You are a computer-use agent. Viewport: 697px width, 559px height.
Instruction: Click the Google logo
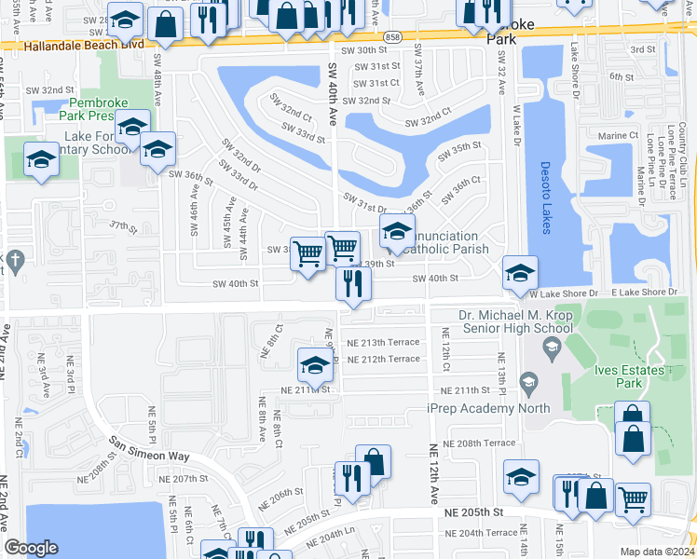(31, 548)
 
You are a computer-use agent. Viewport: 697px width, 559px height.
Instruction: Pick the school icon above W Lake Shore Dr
(520, 272)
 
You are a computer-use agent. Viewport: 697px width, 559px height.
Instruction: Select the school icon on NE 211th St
(315, 365)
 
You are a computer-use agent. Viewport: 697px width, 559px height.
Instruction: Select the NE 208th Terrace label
(479, 443)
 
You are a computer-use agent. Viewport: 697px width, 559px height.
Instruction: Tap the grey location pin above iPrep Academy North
(528, 380)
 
